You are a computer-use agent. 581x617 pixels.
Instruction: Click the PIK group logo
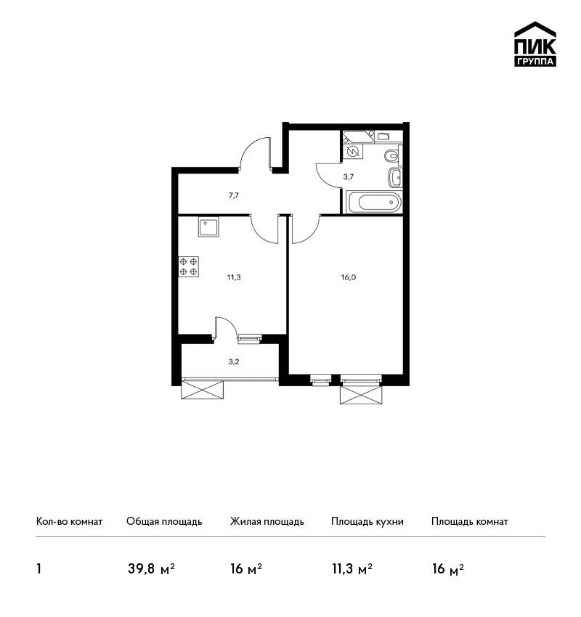[535, 44]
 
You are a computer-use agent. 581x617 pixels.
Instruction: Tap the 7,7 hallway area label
[233, 195]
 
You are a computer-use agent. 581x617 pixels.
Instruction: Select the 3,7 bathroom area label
[348, 177]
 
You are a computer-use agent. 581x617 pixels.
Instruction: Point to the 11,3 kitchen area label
[234, 277]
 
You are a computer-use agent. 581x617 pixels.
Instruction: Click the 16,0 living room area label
[349, 277]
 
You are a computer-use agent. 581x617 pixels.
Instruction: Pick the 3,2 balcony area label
[234, 361]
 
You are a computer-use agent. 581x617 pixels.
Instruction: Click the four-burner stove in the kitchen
[189, 266]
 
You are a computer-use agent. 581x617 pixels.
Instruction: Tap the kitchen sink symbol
[209, 228]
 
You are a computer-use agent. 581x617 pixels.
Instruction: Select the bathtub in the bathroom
[374, 203]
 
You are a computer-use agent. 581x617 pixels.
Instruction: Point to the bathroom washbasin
[396, 177]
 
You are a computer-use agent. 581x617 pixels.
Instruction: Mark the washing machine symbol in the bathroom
[353, 151]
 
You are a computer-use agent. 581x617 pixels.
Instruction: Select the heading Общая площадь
[164, 522]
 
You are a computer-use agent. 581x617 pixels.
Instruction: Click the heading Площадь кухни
[367, 522]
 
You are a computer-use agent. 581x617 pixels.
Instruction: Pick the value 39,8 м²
[151, 569]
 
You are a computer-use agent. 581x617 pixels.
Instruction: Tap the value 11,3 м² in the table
[352, 569]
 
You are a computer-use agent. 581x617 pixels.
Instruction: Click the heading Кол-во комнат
[69, 522]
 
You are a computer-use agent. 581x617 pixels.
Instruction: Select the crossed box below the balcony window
[203, 390]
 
